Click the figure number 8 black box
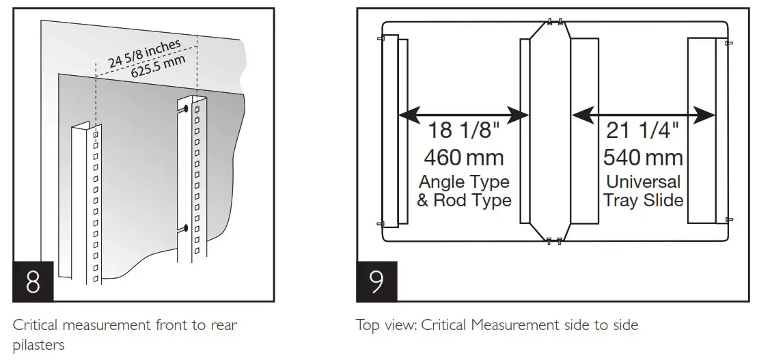(33, 282)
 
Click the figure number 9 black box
(377, 282)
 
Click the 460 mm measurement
(464, 158)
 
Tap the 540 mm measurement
(643, 158)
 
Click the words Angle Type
(464, 182)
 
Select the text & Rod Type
(464, 201)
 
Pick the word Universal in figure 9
(643, 182)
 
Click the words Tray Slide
(643, 201)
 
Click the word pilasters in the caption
(38, 345)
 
